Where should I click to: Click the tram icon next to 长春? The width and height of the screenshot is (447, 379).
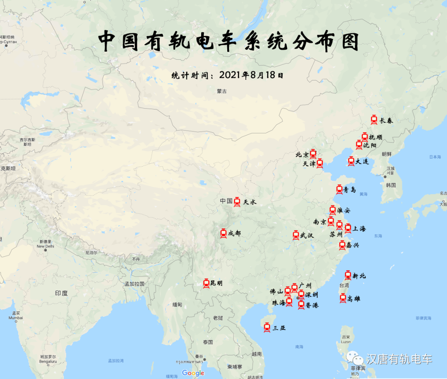point(374,120)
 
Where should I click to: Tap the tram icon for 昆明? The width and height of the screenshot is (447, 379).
point(206,283)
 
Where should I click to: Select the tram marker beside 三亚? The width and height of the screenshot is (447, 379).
point(267,327)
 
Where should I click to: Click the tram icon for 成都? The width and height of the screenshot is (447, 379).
point(223,233)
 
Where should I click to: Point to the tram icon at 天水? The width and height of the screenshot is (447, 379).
point(237,202)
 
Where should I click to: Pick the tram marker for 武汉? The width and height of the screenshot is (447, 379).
point(296,235)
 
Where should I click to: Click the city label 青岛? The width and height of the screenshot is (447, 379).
point(350,190)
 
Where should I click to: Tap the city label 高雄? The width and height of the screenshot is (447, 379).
point(354,298)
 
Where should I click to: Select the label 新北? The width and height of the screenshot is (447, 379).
point(359,276)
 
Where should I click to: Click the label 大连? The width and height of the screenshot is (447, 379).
point(362,161)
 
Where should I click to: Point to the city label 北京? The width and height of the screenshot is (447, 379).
point(302,155)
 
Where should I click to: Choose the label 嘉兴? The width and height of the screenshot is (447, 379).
point(353,245)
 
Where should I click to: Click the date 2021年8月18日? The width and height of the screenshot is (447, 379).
point(252,75)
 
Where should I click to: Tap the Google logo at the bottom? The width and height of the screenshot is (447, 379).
point(193,373)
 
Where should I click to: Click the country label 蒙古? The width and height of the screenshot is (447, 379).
point(222,91)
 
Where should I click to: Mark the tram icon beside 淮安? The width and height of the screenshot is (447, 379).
point(333,210)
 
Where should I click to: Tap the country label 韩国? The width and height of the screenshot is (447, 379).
point(391,185)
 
